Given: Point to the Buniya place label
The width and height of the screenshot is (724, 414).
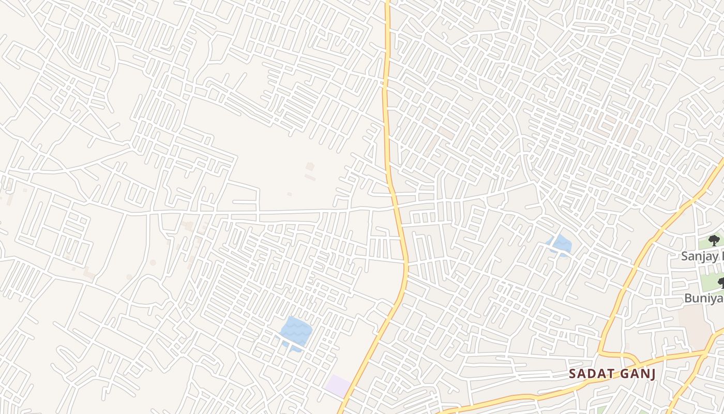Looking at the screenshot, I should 703,298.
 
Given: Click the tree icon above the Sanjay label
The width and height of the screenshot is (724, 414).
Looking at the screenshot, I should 714,240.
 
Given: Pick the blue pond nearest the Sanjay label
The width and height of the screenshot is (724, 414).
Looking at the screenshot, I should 560,245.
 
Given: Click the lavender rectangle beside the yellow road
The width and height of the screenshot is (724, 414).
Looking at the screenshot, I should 338,385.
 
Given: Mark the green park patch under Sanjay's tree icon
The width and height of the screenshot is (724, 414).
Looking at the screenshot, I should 705,243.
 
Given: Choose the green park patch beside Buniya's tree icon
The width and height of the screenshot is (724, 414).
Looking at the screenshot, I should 711,282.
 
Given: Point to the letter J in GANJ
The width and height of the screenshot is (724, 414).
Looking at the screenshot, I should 652,374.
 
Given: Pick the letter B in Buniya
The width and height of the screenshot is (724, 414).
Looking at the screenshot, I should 688,298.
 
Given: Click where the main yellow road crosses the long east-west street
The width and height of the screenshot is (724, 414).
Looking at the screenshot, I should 396,206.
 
